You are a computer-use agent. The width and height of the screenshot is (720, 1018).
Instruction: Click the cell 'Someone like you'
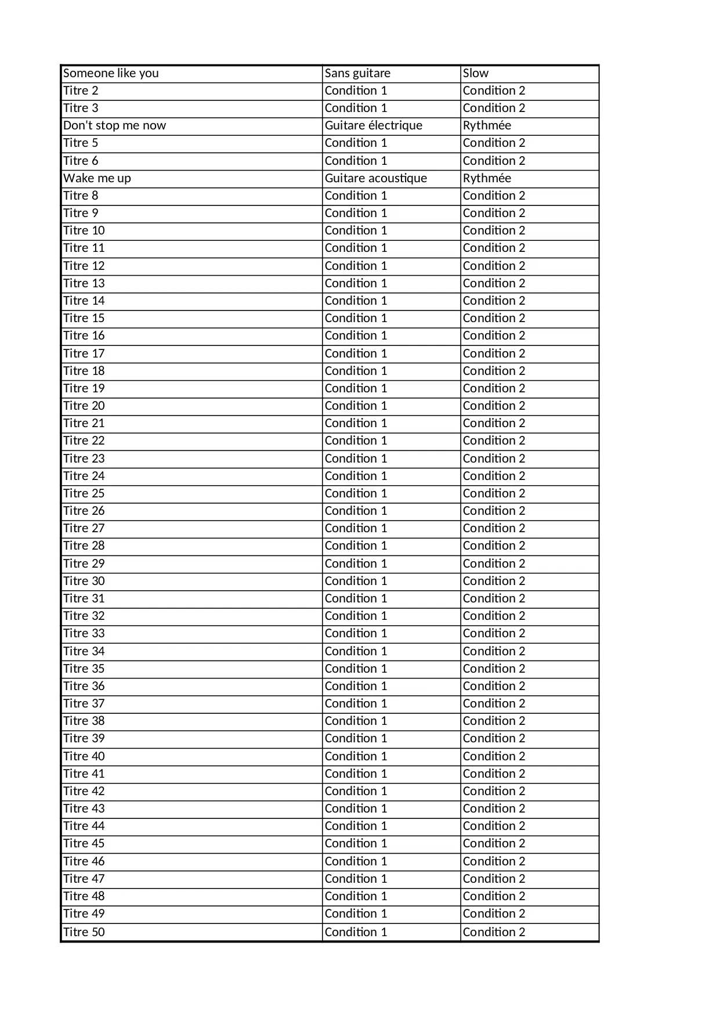111,73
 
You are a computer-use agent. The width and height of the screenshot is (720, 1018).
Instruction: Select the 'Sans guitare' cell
357,73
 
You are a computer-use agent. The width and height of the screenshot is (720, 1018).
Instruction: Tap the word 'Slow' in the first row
476,73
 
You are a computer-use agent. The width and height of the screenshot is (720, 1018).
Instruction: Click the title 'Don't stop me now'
114,125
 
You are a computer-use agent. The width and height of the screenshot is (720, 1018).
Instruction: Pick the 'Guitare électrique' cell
374,125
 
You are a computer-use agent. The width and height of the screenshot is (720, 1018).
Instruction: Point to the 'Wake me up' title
97,178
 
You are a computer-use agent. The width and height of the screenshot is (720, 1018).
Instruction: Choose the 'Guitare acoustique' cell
376,178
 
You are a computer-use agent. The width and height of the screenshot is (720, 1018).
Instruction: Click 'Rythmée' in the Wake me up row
487,178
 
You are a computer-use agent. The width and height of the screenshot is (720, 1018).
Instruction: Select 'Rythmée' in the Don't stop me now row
487,125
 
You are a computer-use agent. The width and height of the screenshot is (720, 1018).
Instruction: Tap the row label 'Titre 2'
81,91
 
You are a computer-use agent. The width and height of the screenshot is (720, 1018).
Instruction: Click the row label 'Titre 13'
84,283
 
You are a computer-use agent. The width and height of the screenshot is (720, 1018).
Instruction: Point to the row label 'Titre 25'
84,493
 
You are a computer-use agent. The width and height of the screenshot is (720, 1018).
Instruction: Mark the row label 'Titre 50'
84,932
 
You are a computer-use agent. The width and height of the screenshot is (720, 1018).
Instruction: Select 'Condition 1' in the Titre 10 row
356,230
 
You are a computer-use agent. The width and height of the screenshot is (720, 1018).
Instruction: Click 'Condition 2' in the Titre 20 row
494,406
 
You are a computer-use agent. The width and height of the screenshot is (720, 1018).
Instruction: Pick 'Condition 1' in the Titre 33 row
356,633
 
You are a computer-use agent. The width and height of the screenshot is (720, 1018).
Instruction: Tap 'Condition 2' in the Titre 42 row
494,791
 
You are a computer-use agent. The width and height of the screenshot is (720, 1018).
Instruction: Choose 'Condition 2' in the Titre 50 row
494,932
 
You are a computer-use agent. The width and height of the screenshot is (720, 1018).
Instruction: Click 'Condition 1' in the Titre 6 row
356,161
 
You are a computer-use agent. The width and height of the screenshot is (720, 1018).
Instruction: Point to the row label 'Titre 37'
84,703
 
